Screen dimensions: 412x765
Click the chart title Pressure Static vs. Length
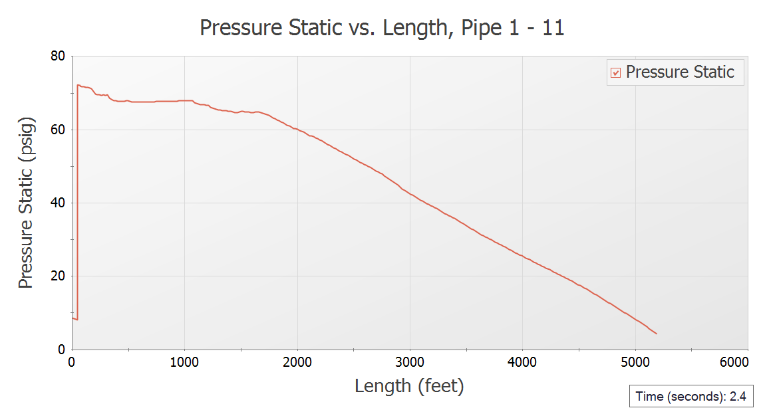(382, 28)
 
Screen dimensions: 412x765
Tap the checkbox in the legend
(615, 72)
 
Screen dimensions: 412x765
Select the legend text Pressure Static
(680, 72)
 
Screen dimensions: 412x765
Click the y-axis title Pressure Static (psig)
(26, 203)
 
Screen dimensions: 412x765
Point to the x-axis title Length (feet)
(409, 385)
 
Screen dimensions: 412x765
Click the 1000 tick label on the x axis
(184, 362)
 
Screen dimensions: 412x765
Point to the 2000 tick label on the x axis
(297, 362)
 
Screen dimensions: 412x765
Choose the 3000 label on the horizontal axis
(410, 362)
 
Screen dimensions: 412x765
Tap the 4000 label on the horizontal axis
(523, 362)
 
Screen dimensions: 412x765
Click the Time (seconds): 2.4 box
(690, 397)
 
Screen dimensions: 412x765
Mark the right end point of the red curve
(657, 334)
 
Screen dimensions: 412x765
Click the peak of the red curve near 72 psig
(78, 85)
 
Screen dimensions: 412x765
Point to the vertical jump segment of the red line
(78, 199)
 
